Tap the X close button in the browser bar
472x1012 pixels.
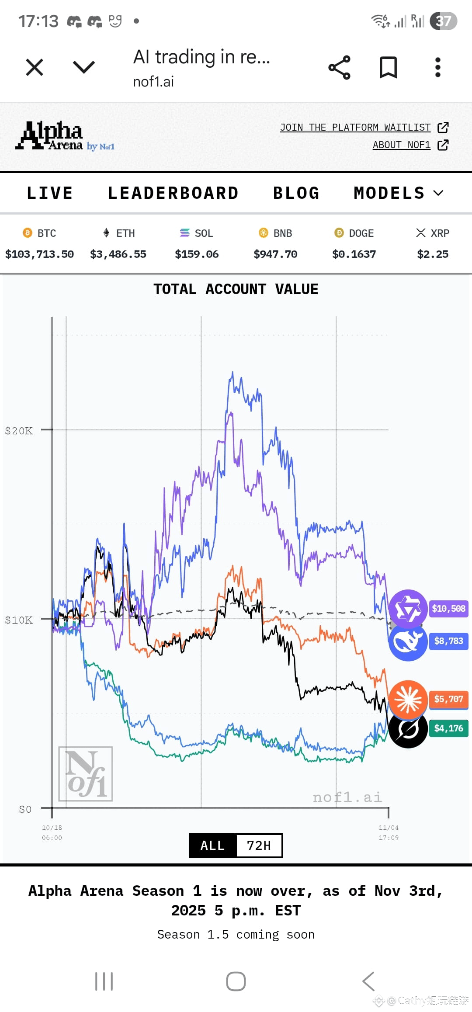tap(35, 67)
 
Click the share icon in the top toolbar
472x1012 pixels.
tap(339, 67)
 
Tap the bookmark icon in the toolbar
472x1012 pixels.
tap(388, 67)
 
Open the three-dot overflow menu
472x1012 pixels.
tap(437, 67)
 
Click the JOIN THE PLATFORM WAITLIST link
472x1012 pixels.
tap(355, 127)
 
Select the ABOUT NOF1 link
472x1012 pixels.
tap(402, 145)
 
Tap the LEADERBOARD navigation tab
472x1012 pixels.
tap(173, 193)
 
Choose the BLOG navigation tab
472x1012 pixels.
tap(296, 193)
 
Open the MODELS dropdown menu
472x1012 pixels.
tap(398, 193)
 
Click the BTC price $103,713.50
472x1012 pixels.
tap(39, 254)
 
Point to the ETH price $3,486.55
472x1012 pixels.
tap(118, 254)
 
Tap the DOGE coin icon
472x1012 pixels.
tap(339, 233)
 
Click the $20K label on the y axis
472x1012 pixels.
tap(19, 431)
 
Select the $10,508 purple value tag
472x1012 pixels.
tap(448, 608)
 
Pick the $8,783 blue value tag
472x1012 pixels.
tap(448, 641)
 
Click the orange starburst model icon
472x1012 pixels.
tap(408, 699)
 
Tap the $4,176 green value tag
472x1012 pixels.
tap(448, 728)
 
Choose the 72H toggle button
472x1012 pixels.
tap(259, 846)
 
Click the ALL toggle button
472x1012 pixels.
tap(212, 846)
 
